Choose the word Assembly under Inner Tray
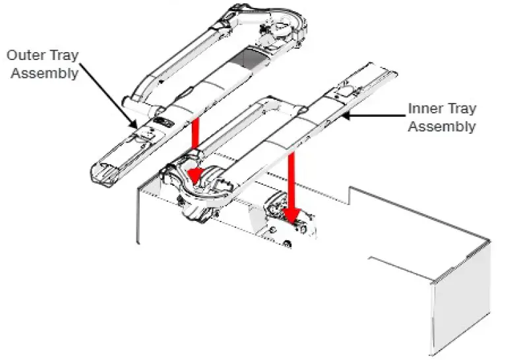pyautogui.click(x=441, y=126)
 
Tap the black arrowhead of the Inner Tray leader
pyautogui.click(x=345, y=117)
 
